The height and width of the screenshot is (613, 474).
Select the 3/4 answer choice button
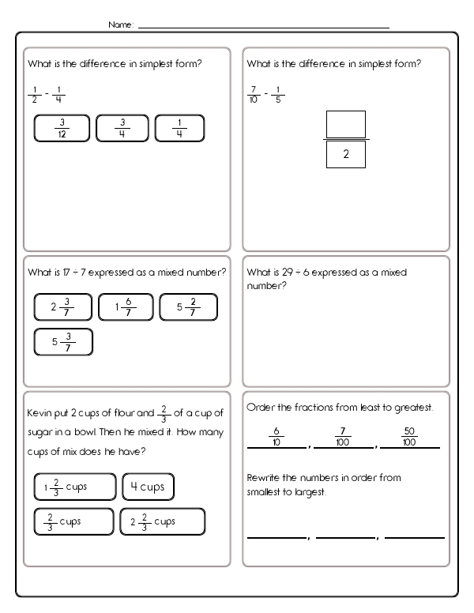tap(122, 128)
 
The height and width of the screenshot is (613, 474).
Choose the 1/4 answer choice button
tap(179, 128)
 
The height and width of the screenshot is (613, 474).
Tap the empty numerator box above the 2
tap(345, 124)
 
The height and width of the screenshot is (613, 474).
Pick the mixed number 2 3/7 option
tap(63, 307)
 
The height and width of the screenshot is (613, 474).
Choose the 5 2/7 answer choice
tap(188, 307)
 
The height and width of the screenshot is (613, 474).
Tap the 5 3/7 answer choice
tap(63, 341)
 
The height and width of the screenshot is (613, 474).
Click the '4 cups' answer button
tap(148, 487)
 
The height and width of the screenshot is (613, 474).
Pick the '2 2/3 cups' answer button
tap(162, 521)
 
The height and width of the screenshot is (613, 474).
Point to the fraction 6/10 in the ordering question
tap(276, 436)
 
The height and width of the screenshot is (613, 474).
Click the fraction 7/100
tap(342, 436)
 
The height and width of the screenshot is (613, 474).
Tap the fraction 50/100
tap(409, 436)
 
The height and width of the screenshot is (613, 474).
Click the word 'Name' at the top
tap(120, 25)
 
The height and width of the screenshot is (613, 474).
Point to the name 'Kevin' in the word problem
tap(39, 412)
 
